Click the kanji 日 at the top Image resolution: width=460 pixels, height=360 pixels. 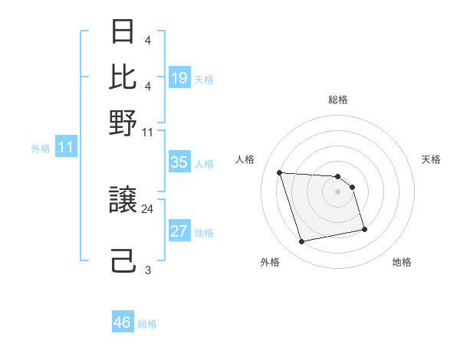123,32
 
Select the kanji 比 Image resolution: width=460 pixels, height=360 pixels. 123,77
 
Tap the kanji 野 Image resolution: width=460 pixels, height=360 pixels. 123,123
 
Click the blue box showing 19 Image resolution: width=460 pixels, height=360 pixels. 179,78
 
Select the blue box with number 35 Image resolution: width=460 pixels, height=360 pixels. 179,162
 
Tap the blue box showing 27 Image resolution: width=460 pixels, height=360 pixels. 179,231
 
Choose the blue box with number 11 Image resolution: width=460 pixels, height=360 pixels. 65,148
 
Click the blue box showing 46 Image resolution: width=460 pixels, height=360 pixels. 123,322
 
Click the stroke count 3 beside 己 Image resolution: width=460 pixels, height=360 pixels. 147,270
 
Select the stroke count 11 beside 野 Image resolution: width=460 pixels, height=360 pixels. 147,131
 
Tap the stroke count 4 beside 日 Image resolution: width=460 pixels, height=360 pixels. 147,39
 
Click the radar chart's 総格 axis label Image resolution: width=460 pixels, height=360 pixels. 338,100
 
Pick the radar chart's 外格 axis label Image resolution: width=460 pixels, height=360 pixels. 270,262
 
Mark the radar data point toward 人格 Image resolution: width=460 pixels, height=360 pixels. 280,172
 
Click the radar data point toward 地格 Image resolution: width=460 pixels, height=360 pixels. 364,229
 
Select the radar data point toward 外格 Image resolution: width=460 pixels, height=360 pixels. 302,242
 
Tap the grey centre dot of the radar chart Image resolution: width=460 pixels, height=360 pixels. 338,191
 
